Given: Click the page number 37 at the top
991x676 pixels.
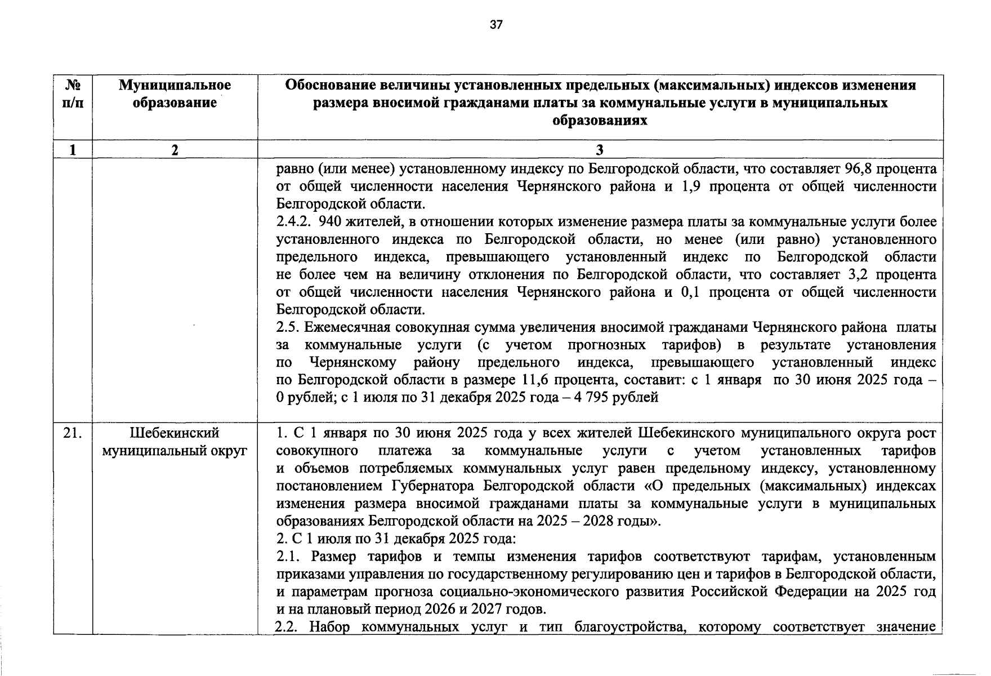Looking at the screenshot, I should [x=496, y=25].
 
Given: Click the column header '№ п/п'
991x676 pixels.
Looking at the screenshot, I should [x=73, y=94].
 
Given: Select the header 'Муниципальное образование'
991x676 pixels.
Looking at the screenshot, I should [x=175, y=94].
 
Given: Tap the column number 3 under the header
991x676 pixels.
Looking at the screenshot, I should [x=600, y=150].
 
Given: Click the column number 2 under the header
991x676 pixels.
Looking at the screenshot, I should [x=175, y=150].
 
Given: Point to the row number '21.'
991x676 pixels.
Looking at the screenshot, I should [x=73, y=433].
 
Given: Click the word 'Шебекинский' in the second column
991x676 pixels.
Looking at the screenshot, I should [x=175, y=433].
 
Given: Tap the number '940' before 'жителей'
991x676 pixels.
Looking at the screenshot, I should [x=330, y=222].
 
